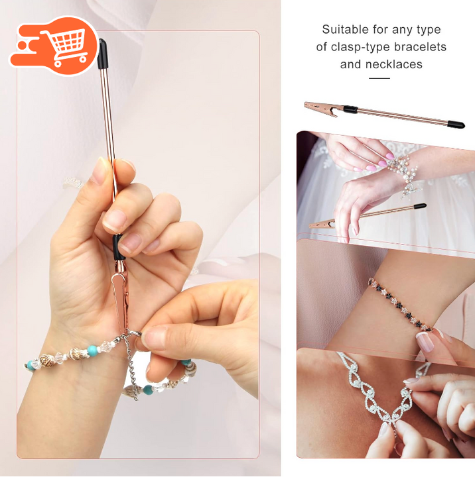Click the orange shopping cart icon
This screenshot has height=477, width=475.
pyautogui.click(x=55, y=46)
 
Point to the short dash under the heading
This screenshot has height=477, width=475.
pyautogui.click(x=379, y=78)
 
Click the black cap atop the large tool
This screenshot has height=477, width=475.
pyautogui.click(x=102, y=54)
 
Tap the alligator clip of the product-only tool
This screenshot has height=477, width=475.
pyautogui.click(x=324, y=109)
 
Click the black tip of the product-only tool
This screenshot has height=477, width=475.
pyautogui.click(x=456, y=124)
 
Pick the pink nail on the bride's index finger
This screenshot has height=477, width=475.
pyautogui.click(x=390, y=156)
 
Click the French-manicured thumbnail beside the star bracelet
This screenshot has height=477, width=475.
pyautogui.click(x=425, y=341)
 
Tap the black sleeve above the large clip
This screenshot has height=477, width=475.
pyautogui.click(x=118, y=247)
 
